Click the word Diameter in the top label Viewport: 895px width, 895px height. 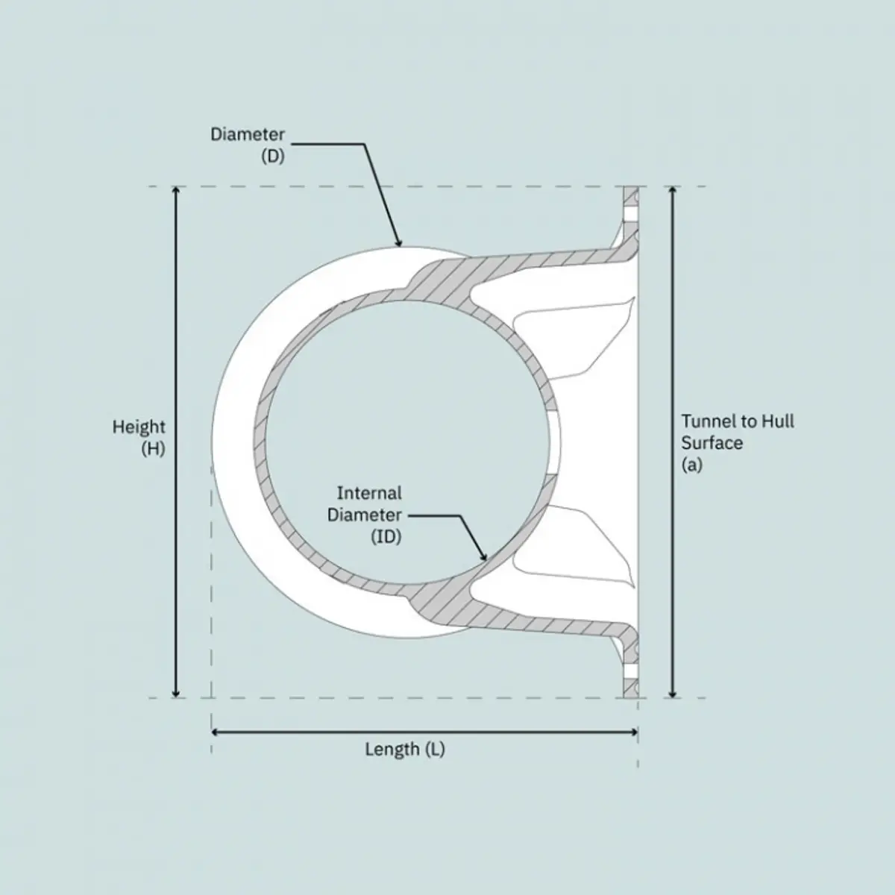(x=248, y=135)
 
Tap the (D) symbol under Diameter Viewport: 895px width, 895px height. (x=273, y=157)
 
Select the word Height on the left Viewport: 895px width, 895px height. (x=139, y=427)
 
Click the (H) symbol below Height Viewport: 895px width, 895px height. (x=153, y=450)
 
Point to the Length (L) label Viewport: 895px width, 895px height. (x=404, y=749)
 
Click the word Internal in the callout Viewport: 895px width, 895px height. (x=369, y=493)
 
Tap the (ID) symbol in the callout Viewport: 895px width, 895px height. (x=386, y=536)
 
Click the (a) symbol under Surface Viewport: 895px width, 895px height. (x=692, y=465)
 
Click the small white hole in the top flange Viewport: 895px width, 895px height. (x=631, y=214)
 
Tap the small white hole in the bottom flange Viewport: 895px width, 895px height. (x=631, y=671)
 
